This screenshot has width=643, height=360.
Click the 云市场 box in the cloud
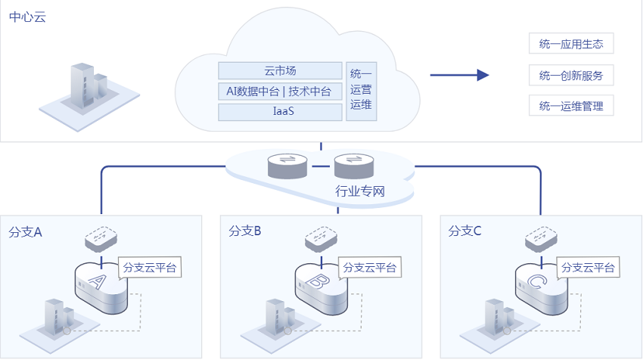point(280,70)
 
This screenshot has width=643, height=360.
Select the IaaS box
point(280,112)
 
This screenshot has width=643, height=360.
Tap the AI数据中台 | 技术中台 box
point(280,91)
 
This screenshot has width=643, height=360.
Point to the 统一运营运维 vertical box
point(362,92)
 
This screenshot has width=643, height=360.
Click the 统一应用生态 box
point(571,43)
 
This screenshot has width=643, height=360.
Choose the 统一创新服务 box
point(571,75)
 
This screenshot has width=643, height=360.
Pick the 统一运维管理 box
point(571,106)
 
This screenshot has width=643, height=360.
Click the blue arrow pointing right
point(459,75)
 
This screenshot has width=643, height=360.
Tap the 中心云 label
point(27,17)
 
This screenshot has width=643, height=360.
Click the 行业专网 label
point(360,191)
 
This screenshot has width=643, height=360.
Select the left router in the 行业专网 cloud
point(287,166)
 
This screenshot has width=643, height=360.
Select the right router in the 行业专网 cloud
point(354,166)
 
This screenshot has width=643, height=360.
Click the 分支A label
point(26,232)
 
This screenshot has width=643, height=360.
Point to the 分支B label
point(245,231)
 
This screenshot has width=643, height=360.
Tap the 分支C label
point(464,231)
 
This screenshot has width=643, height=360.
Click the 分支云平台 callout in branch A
point(150,267)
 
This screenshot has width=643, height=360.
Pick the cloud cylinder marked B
point(321,289)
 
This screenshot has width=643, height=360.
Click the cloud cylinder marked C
point(542,289)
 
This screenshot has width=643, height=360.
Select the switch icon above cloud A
point(101,239)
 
